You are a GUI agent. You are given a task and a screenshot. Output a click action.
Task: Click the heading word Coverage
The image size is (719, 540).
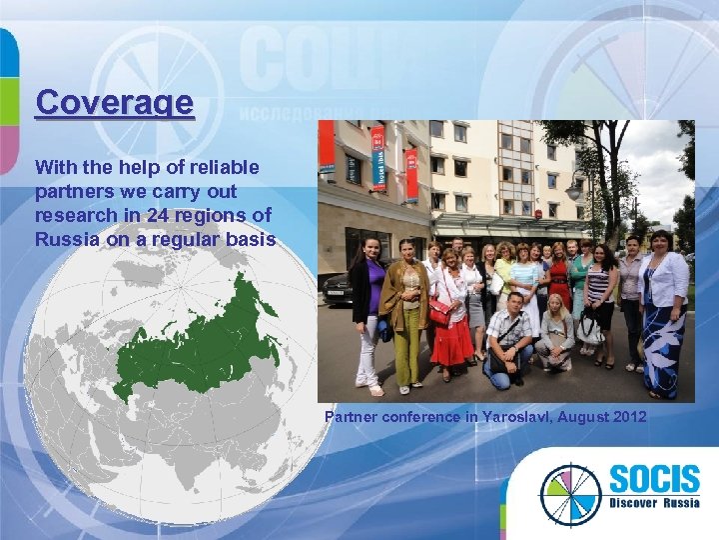tap(114, 103)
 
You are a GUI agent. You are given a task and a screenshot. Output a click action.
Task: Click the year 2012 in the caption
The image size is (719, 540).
tap(629, 416)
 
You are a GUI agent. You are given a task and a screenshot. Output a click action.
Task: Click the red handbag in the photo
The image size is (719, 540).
tap(439, 312)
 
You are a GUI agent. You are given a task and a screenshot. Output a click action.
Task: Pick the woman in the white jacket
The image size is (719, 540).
tap(662, 300)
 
